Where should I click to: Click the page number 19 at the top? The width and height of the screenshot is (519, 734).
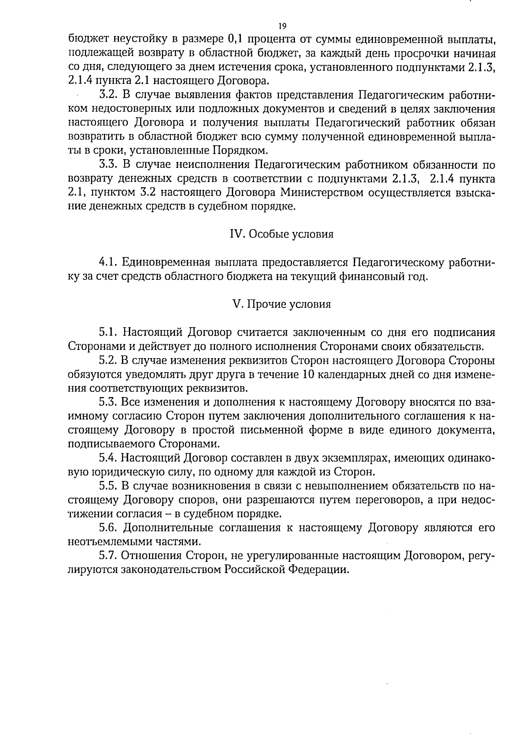coord(282,26)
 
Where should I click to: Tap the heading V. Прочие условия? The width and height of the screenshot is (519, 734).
coord(282,304)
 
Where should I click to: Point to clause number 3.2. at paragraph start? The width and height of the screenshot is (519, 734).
coord(108,95)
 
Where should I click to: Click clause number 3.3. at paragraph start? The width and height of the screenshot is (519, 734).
coord(108,165)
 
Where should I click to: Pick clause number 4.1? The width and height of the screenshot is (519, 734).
coord(108,262)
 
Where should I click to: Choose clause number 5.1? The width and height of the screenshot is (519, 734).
coord(108,332)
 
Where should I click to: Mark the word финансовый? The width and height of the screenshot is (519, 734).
coord(346,276)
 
